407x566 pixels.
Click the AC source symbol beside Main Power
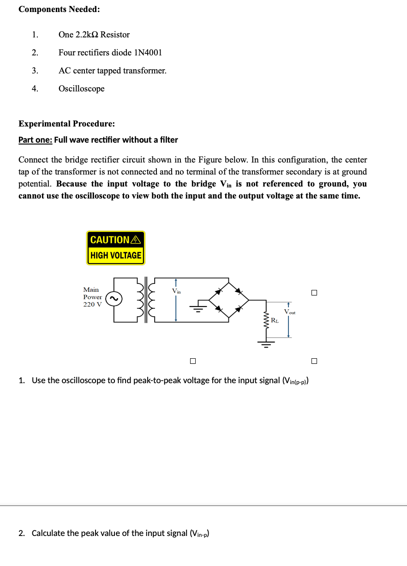(x=114, y=299)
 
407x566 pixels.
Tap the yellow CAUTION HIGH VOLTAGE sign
(x=116, y=248)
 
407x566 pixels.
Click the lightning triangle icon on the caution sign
(x=135, y=240)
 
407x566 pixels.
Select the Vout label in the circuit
(x=290, y=312)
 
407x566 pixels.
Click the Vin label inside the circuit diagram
(x=176, y=291)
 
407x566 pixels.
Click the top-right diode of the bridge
(x=239, y=290)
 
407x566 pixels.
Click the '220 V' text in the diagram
(x=92, y=305)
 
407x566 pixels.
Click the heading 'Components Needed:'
(x=59, y=9)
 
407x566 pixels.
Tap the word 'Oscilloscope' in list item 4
(x=81, y=89)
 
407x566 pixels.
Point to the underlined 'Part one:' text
(x=35, y=140)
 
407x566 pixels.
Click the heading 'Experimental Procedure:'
(x=67, y=124)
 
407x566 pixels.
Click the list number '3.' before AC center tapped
(x=35, y=71)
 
